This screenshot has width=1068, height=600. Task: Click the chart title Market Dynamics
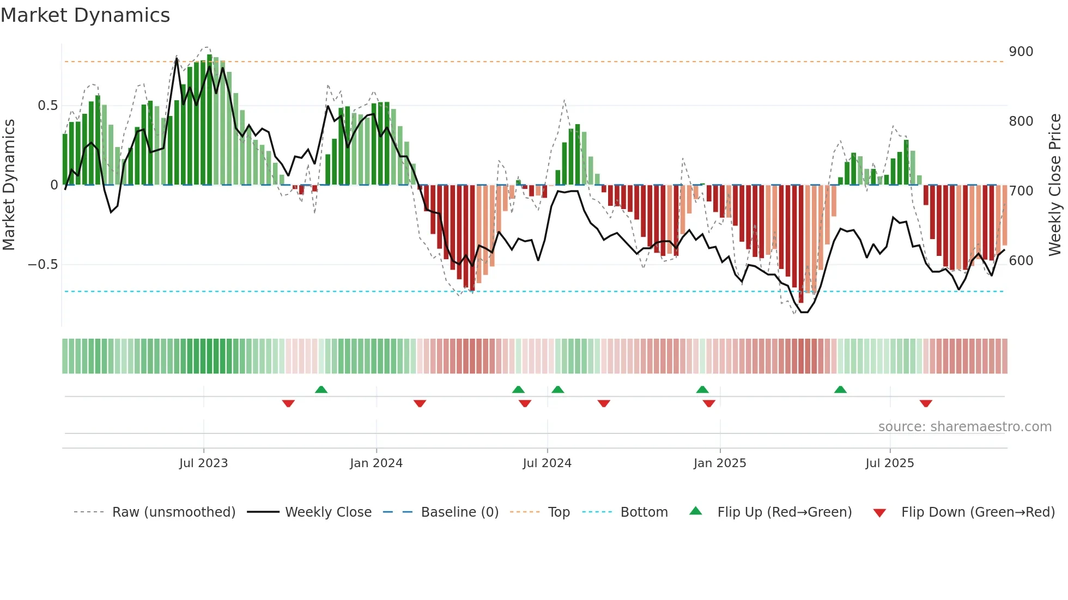[85, 15]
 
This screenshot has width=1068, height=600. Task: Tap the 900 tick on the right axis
[1021, 52]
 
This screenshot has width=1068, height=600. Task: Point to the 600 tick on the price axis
[1021, 261]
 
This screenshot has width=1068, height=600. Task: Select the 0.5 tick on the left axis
[47, 106]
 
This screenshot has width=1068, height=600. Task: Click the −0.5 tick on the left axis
[43, 265]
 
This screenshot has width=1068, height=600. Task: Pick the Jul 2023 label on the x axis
[203, 463]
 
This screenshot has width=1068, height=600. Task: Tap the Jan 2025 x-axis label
[719, 463]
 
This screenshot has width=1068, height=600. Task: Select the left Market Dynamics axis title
[9, 185]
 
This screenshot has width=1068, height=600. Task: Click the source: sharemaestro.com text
[964, 427]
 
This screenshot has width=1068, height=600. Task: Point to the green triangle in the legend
[696, 511]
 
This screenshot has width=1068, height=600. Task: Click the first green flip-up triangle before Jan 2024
[321, 390]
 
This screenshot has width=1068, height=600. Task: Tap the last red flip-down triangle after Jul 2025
[925, 403]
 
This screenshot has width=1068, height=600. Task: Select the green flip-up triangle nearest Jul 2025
[840, 390]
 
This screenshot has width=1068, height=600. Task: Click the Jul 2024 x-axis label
[547, 463]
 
